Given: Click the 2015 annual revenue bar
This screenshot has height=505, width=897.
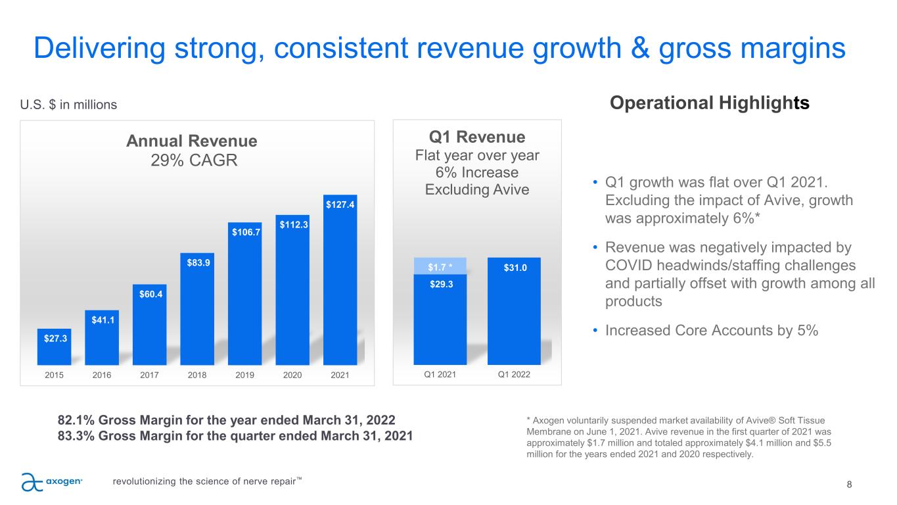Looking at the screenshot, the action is [x=54, y=347].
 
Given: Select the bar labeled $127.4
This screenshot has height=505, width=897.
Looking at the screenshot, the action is [x=340, y=279].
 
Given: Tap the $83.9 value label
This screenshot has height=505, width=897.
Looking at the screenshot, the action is [x=198, y=262].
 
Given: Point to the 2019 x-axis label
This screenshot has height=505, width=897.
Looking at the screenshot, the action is [x=244, y=375].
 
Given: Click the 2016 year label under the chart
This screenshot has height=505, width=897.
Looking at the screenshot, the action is [x=102, y=375].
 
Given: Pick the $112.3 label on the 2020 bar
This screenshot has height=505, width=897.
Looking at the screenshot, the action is [x=294, y=225].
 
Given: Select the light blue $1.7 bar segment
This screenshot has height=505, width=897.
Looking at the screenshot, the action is [x=440, y=266].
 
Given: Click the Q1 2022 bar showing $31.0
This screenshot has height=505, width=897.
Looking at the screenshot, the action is [x=514, y=311].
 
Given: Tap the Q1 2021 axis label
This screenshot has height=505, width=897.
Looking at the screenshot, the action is [x=440, y=374].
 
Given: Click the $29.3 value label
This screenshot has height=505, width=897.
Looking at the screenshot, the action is [x=442, y=284].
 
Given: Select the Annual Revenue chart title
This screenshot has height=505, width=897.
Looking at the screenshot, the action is [x=192, y=141].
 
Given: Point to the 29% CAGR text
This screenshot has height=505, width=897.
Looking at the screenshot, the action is [x=194, y=160].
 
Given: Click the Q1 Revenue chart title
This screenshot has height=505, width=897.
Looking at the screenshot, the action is [x=477, y=137].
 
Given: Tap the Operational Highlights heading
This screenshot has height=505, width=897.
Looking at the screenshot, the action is [x=710, y=103].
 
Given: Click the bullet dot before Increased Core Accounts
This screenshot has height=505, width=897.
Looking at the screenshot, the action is [x=595, y=331].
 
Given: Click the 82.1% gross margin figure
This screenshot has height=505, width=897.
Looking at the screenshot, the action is [x=76, y=420].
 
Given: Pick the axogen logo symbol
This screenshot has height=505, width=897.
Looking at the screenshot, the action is [x=32, y=482].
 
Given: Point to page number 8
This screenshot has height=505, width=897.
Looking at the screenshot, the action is [x=849, y=485].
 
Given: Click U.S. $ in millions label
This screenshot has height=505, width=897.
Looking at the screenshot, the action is [x=68, y=105].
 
